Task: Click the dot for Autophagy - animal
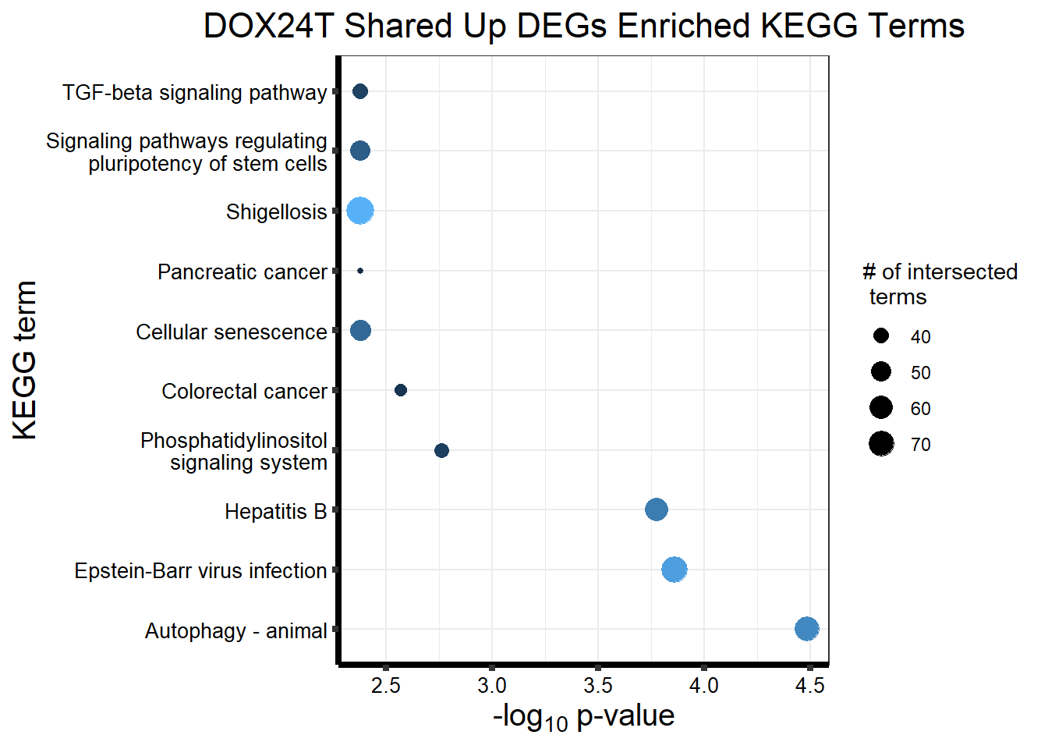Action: (807, 629)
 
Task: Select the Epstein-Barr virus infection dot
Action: (674, 570)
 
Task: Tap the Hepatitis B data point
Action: (657, 509)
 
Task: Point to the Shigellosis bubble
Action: (360, 211)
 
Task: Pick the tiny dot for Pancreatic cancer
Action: (360, 271)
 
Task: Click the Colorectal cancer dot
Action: (401, 390)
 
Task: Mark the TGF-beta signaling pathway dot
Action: (360, 91)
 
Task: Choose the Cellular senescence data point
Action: (360, 330)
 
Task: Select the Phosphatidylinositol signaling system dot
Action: (441, 450)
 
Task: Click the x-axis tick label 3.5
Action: (598, 686)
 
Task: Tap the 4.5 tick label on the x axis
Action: (810, 686)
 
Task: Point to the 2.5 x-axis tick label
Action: (386, 686)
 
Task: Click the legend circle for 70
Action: (881, 444)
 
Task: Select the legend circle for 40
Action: (881, 336)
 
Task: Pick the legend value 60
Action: (921, 409)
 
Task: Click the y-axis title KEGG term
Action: (25, 360)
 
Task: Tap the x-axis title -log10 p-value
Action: (583, 716)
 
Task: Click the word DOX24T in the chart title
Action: (268, 27)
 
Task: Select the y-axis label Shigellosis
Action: (276, 212)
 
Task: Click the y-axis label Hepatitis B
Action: (275, 512)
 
